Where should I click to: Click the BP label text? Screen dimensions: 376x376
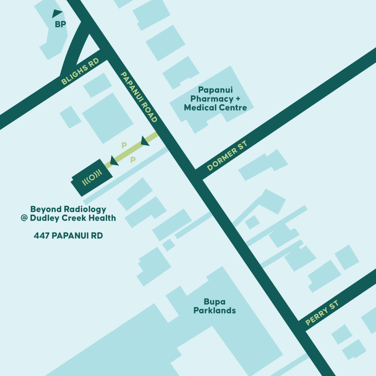(60, 25)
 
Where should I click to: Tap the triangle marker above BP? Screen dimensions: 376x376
(57, 14)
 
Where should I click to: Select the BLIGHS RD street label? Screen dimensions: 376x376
(80, 73)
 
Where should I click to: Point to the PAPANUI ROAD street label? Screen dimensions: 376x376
(139, 97)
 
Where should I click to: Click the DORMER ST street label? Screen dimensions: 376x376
(227, 156)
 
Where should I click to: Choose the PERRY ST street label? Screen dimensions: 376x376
(322, 313)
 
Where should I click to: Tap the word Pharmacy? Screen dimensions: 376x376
(212, 99)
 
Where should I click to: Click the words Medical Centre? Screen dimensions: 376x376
(215, 108)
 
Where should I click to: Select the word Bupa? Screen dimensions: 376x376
(215, 302)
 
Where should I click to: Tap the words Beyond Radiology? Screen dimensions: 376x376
(68, 209)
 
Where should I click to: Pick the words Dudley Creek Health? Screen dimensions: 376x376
(73, 218)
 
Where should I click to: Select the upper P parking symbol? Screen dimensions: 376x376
(124, 145)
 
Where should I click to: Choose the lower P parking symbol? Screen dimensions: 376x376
(133, 160)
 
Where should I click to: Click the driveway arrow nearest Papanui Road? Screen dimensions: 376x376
(145, 140)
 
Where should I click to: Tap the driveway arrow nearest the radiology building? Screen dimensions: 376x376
(114, 160)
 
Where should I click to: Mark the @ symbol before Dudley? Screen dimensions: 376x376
(25, 218)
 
